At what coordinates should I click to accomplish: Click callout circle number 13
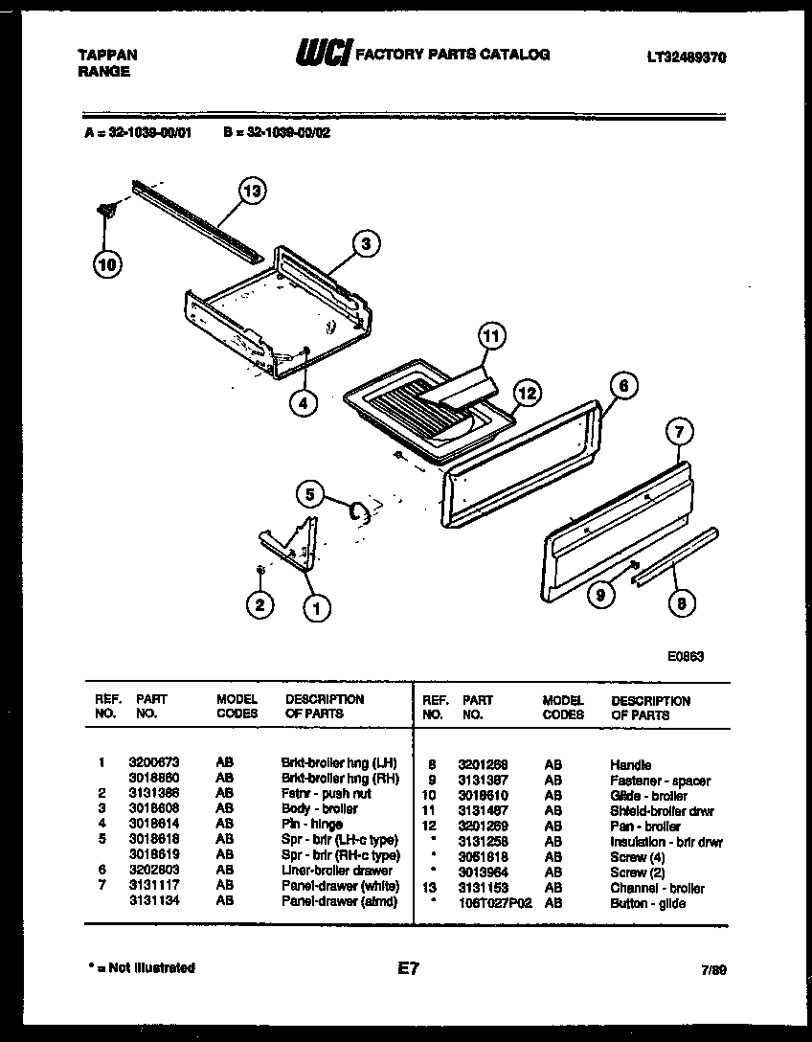pyautogui.click(x=251, y=192)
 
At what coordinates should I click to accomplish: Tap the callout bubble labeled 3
pyautogui.click(x=365, y=244)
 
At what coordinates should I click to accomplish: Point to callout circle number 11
pyautogui.click(x=490, y=336)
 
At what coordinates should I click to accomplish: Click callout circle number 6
pyautogui.click(x=621, y=386)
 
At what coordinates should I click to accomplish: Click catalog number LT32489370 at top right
pyautogui.click(x=686, y=57)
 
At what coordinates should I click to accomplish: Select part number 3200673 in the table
pyautogui.click(x=149, y=762)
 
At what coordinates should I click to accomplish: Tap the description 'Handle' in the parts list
pyautogui.click(x=630, y=765)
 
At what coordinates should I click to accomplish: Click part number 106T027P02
pyautogui.click(x=493, y=903)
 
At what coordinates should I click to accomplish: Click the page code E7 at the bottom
pyautogui.click(x=408, y=970)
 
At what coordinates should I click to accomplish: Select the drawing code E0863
pyautogui.click(x=686, y=657)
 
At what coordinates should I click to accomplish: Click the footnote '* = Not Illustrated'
pyautogui.click(x=140, y=968)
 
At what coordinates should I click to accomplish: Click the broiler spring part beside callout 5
pyautogui.click(x=360, y=513)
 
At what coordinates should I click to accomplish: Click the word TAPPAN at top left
pyautogui.click(x=106, y=56)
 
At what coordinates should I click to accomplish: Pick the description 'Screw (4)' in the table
pyautogui.click(x=637, y=857)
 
